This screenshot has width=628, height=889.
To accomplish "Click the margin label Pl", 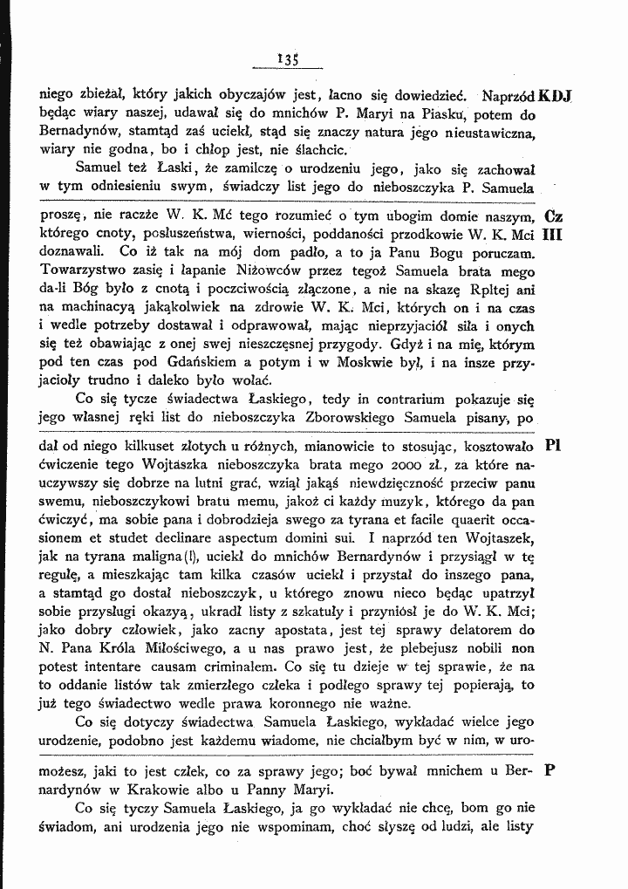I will pyautogui.click(x=552, y=443).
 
